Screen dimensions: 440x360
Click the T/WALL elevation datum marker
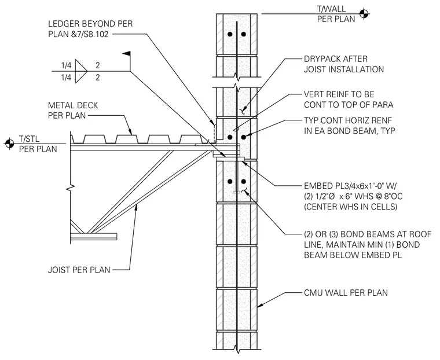[364, 13]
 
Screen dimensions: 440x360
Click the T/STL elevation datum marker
[9, 144]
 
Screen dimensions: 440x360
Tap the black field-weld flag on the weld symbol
[126, 53]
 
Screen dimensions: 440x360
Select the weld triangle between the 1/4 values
[81, 71]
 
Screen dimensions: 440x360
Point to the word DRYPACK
[324, 59]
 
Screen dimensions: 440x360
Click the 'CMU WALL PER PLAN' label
[346, 293]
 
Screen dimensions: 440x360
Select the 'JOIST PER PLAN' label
[79, 270]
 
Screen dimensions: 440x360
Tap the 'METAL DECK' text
[73, 105]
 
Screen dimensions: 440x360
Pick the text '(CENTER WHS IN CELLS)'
[351, 207]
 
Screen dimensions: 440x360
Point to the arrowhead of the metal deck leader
[130, 132]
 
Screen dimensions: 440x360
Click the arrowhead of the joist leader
[136, 207]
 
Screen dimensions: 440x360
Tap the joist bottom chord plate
[93, 236]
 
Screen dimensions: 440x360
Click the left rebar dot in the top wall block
[230, 34]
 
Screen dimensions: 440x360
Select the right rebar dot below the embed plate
[243, 181]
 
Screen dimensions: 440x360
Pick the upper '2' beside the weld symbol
[97, 65]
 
